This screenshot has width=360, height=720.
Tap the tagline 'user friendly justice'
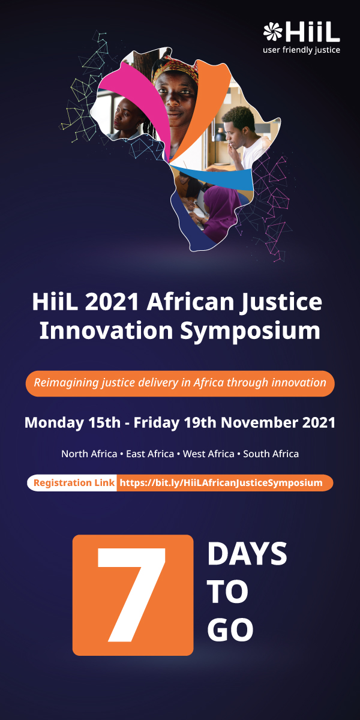301,50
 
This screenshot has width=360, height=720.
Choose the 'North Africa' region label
89,454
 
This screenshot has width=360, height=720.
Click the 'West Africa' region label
209,454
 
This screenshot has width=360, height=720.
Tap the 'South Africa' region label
271,454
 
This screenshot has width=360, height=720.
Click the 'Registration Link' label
74,483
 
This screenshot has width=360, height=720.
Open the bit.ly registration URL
221,483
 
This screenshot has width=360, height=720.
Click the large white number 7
133,595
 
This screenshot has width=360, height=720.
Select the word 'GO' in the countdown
230,630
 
